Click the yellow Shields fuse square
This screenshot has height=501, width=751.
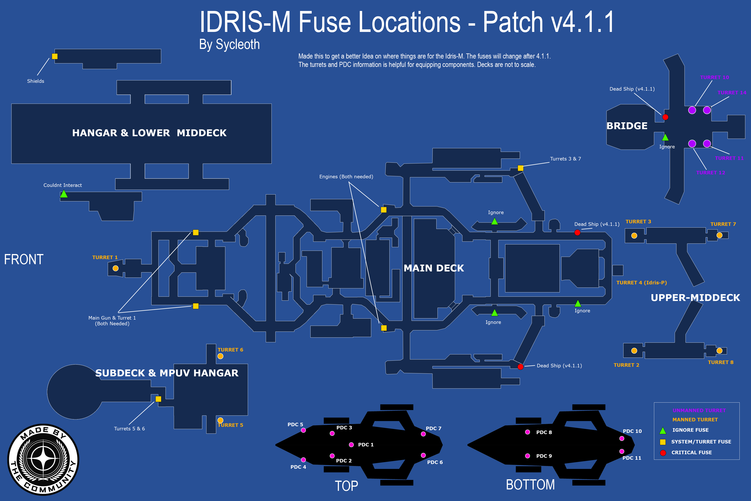55,56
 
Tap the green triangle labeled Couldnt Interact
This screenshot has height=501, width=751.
64,194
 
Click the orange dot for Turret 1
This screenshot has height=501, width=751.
116,268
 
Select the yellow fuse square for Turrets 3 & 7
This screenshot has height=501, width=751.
520,168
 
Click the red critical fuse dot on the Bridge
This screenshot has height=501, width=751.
665,117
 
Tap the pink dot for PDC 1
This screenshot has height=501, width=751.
351,445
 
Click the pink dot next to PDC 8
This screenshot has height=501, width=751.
527,432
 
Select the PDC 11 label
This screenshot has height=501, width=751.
632,458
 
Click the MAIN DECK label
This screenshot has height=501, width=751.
434,268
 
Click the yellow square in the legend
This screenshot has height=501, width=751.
663,442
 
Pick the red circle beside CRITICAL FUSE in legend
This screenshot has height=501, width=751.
663,453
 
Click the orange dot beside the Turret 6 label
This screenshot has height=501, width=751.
220,356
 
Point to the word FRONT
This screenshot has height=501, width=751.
24,260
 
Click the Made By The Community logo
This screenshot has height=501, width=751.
43,459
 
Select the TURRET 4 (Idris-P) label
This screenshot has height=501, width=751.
641,282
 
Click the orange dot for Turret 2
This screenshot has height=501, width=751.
634,351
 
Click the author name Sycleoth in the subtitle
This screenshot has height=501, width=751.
238,44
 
